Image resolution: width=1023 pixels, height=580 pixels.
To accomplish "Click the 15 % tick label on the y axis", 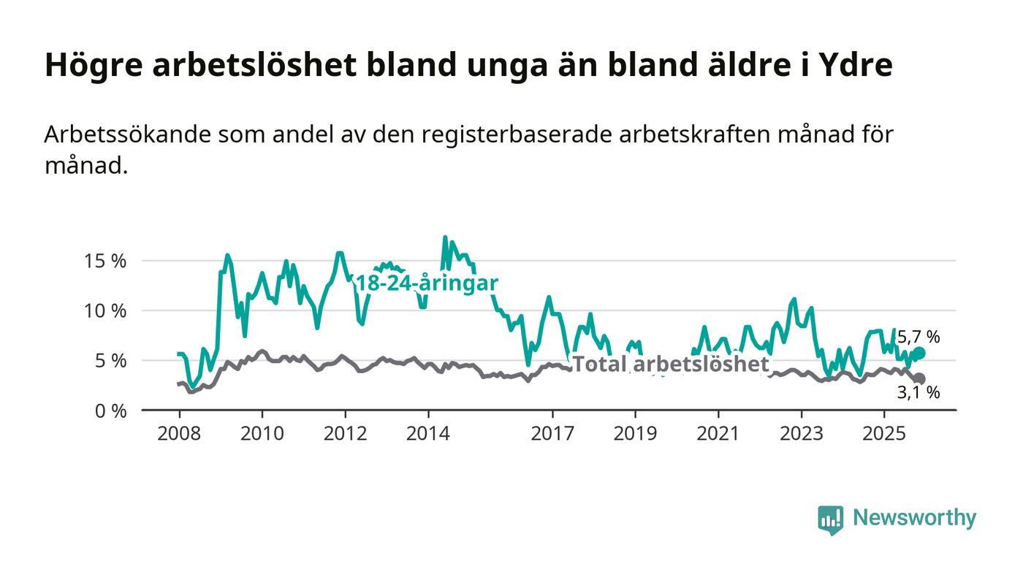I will click(x=106, y=261).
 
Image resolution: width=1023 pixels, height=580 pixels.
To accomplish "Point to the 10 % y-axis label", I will click(x=106, y=310).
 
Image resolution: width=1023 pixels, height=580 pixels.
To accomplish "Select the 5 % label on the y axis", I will click(x=110, y=361).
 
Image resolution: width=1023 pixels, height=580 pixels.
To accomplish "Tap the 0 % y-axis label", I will click(x=110, y=411).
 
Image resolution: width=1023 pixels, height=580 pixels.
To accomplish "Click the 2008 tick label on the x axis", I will click(x=179, y=434).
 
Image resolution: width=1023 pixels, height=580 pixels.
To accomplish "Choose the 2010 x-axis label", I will click(x=262, y=434).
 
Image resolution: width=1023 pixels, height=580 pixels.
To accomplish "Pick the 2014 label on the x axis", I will click(x=428, y=434).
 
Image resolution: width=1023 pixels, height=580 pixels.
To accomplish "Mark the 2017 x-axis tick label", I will click(x=552, y=434).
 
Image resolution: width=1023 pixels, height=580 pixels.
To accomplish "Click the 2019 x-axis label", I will click(x=635, y=434).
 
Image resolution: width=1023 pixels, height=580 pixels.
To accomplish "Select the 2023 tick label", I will click(x=801, y=434).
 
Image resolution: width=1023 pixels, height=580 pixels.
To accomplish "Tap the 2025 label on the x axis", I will click(x=884, y=434).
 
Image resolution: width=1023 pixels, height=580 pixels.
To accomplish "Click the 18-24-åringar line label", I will click(x=426, y=283).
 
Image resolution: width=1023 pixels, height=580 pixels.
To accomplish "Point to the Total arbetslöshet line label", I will click(x=670, y=364).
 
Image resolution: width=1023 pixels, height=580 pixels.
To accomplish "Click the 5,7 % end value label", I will click(x=919, y=337).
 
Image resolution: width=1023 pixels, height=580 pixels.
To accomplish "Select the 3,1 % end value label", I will click(x=919, y=393).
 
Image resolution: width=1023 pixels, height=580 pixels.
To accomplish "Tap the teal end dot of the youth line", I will click(x=919, y=353).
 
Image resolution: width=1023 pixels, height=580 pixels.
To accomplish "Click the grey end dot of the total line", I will click(x=919, y=378).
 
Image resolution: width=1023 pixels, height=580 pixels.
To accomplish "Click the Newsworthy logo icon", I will click(x=830, y=519).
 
